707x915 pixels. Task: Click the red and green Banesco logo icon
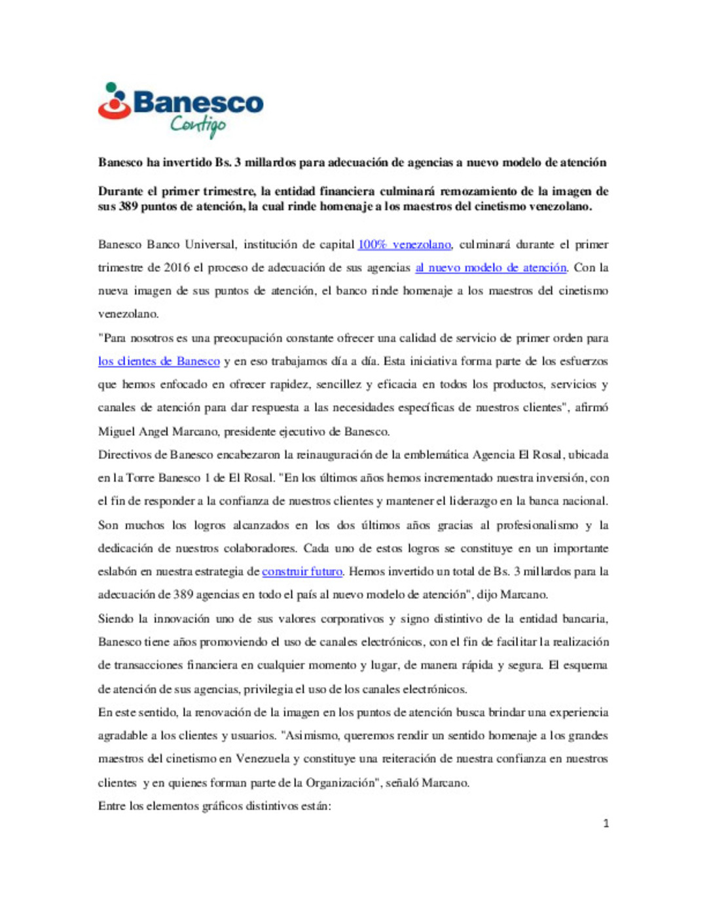[x=115, y=101]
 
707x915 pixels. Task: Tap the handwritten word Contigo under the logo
[x=198, y=124]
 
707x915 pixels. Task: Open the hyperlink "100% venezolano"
[x=404, y=245]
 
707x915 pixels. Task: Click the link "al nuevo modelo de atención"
[x=490, y=268]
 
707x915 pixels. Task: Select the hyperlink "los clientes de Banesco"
[x=159, y=361]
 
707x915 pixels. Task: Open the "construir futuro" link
[x=302, y=571]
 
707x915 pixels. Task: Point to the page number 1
[x=606, y=823]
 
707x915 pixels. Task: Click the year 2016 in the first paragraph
[x=177, y=268]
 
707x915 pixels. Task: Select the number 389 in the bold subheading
[x=128, y=207]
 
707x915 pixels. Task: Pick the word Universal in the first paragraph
[x=209, y=245]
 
